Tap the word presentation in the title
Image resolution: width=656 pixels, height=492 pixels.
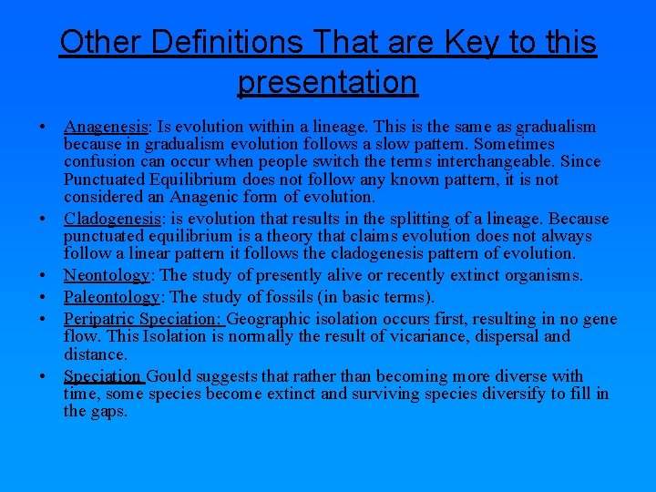pos(327,81)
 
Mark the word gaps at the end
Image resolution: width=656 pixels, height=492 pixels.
pos(108,411)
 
